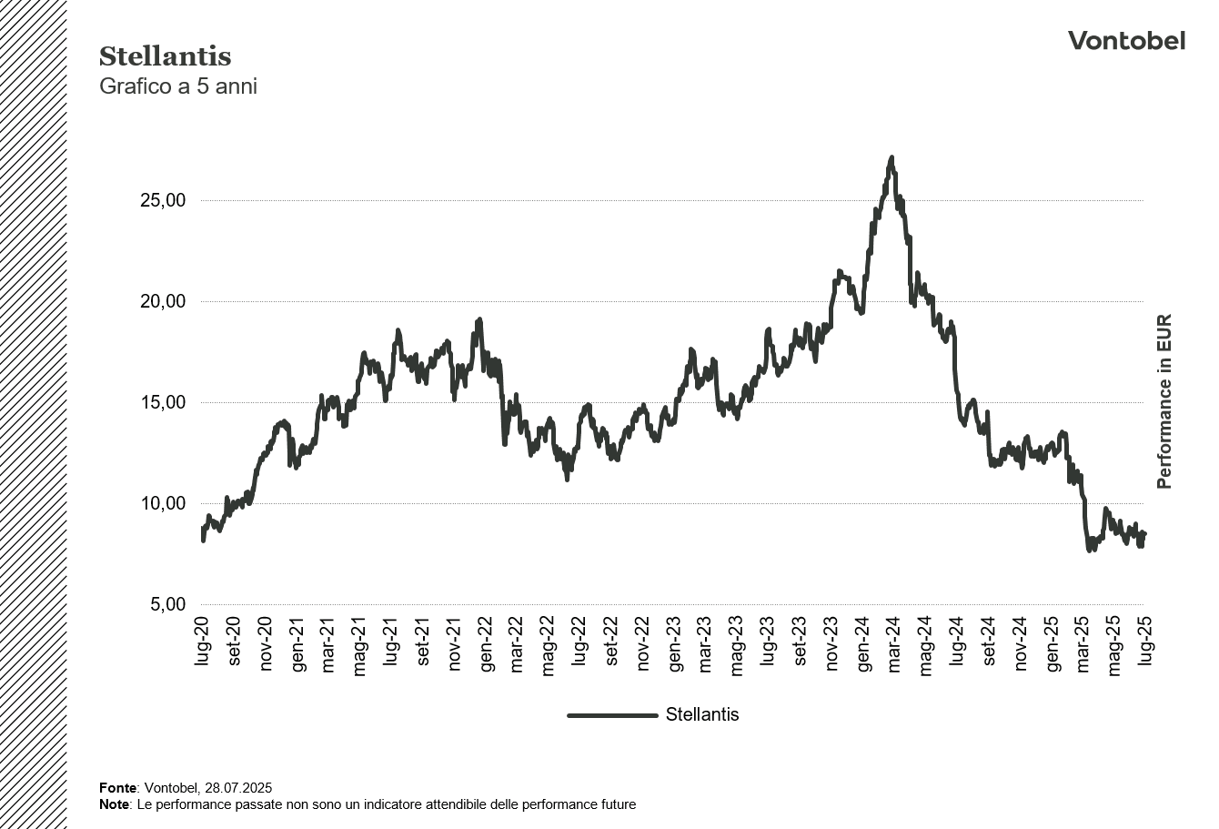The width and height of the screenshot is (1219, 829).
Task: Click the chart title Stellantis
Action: (x=165, y=56)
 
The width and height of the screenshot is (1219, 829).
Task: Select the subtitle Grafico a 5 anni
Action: (x=177, y=86)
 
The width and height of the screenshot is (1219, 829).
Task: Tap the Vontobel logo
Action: (x=1126, y=41)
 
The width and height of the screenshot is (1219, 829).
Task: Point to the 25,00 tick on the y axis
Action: (x=163, y=201)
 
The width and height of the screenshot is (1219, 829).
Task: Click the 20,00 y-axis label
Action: (x=163, y=302)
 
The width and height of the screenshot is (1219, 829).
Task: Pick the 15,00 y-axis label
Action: (x=163, y=403)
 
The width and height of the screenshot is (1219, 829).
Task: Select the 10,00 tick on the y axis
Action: (x=163, y=504)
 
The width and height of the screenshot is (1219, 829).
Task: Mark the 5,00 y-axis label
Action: (x=167, y=605)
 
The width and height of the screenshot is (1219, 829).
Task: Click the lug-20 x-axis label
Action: (x=202, y=642)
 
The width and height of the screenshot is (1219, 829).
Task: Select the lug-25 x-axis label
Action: (x=1145, y=642)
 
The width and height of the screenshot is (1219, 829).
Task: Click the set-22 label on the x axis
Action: (x=611, y=642)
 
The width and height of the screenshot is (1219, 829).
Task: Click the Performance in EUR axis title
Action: (x=1164, y=401)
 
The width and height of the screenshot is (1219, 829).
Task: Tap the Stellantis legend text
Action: (x=702, y=715)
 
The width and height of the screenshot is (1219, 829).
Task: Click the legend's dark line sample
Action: (x=612, y=715)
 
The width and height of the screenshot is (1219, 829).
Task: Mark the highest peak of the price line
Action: (x=892, y=158)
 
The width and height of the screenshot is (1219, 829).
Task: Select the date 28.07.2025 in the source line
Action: (x=238, y=788)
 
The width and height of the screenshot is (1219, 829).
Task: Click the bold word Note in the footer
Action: (x=115, y=804)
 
